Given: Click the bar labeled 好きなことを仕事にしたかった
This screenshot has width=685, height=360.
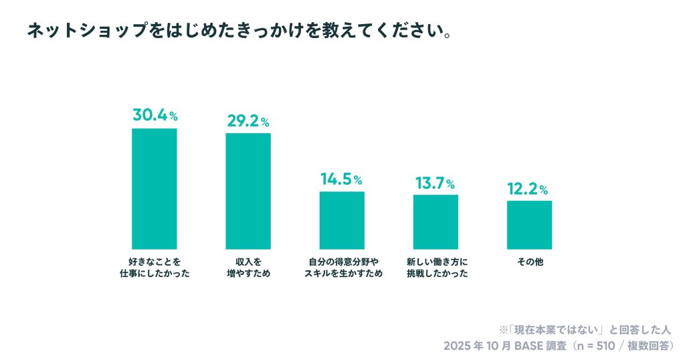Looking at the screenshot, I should (155, 189).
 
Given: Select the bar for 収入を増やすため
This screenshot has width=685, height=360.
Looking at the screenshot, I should (248, 191).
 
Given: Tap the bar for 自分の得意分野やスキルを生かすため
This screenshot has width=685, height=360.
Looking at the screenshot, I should (342, 220).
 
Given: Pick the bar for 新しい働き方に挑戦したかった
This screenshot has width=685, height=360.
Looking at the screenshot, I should (435, 221).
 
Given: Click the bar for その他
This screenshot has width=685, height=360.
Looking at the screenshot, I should (529, 225).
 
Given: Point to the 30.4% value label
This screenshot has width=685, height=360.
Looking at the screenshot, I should (155, 115).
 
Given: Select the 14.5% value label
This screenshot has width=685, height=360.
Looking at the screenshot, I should (341, 179).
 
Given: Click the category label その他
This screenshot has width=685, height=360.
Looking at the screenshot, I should (529, 262).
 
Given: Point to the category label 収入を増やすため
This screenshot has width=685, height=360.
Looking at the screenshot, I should (248, 268).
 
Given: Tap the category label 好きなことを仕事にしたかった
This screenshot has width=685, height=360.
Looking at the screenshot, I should (155, 268).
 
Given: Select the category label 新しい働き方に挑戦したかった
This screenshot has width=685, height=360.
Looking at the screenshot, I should (435, 268).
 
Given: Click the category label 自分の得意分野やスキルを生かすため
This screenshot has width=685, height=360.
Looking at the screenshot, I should (342, 268).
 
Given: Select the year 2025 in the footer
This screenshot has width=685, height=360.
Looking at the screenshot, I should (458, 346).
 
